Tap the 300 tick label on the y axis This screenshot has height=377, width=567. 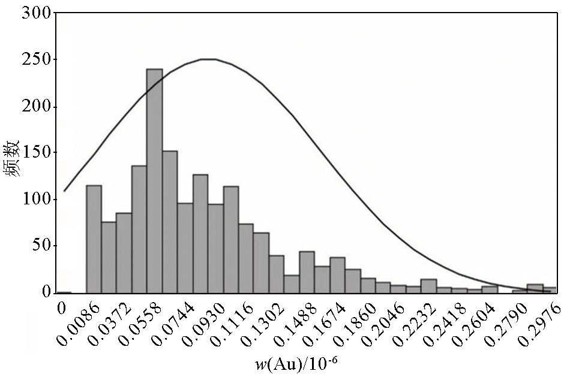coord(35,13)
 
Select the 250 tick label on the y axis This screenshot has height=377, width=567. coord(35,60)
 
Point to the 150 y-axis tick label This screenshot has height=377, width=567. coord(35,153)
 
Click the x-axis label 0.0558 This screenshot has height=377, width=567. coord(132,327)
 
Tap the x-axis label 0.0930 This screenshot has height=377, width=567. coord(194,327)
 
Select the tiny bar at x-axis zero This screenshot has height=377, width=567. coord(64,292)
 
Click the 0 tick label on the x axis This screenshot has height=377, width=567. coord(61,308)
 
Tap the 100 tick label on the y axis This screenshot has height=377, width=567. coord(35,200)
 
